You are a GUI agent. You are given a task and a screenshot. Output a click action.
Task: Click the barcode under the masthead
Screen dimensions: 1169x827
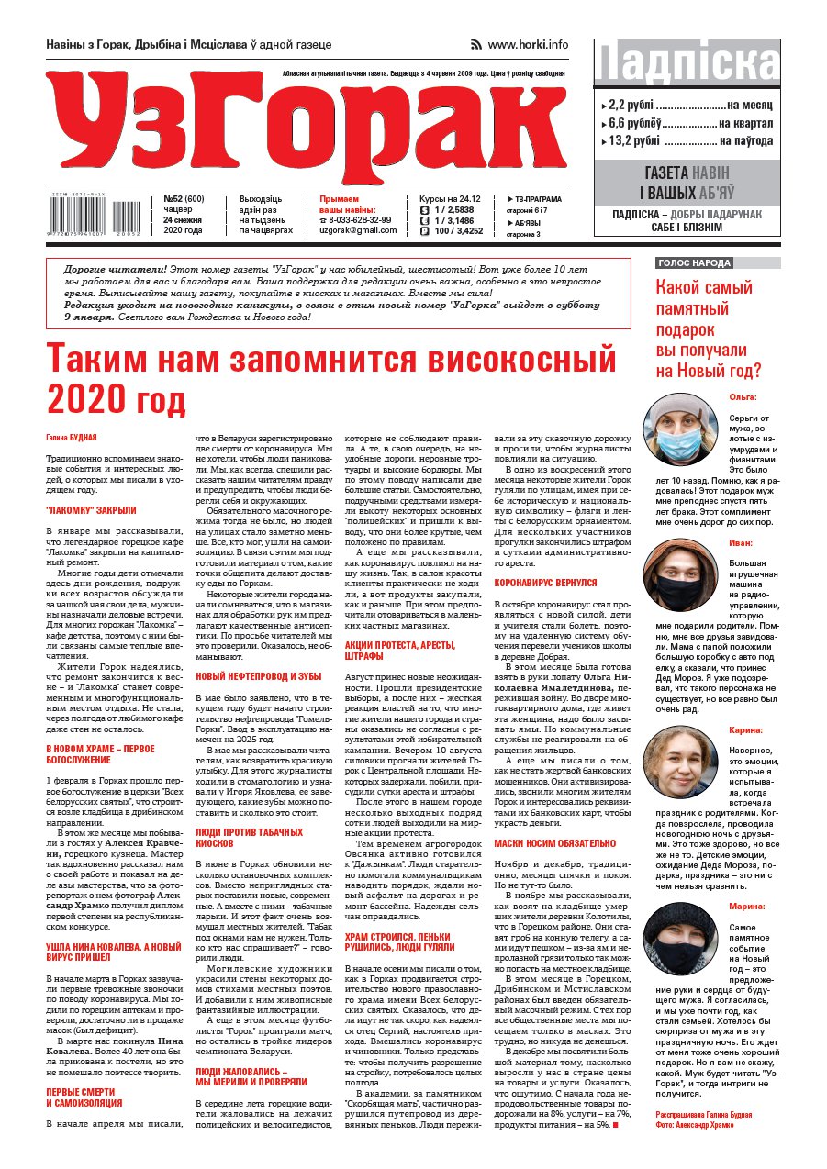(x=92, y=214)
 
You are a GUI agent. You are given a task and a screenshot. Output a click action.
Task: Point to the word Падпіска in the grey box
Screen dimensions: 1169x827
(x=687, y=63)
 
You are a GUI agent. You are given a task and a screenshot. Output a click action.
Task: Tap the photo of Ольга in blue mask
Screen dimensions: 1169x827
(x=680, y=430)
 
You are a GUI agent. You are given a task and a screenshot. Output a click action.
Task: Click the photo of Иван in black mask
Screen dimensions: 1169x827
(x=680, y=577)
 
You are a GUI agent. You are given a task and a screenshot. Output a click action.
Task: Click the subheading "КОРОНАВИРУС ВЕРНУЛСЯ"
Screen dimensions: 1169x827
(x=545, y=582)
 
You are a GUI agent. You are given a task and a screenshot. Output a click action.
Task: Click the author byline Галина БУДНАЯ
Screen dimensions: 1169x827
(x=72, y=439)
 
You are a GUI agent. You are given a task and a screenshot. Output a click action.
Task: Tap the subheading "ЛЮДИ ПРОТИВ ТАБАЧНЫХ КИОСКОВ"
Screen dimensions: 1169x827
(x=249, y=838)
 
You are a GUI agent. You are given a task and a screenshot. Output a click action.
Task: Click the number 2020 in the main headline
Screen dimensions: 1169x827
(x=85, y=399)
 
